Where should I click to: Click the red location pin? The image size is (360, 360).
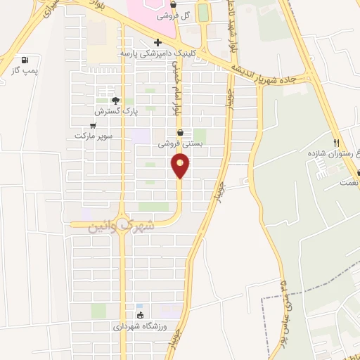pyautogui.click(x=181, y=166)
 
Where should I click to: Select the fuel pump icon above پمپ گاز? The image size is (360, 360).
pyautogui.click(x=26, y=60)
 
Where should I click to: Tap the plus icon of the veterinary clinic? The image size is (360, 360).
pyautogui.click(x=157, y=42)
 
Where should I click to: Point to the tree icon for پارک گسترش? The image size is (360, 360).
pyautogui.click(x=116, y=101)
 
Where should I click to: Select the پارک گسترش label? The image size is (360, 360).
pyautogui.click(x=117, y=112)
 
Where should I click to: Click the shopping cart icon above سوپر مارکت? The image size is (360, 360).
pyautogui.click(x=92, y=125)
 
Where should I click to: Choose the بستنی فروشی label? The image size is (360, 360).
pyautogui.click(x=180, y=143)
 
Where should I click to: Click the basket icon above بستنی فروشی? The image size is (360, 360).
pyautogui.click(x=180, y=132)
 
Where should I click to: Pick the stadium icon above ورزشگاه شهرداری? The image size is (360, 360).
pyautogui.click(x=140, y=315)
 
